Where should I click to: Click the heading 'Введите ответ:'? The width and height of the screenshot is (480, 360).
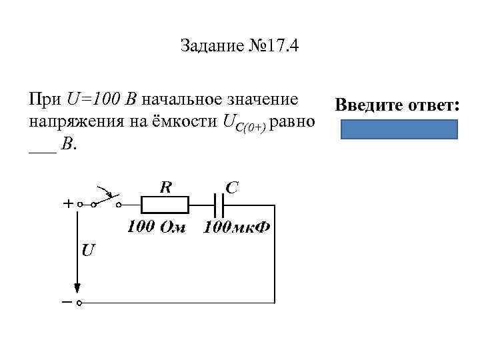click(x=398, y=105)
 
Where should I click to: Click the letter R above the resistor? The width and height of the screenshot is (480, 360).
click(x=165, y=187)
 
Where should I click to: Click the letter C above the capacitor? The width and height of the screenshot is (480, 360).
click(x=231, y=188)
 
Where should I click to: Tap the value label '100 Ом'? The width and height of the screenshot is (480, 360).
click(x=157, y=227)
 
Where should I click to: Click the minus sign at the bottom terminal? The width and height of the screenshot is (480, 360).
click(x=67, y=302)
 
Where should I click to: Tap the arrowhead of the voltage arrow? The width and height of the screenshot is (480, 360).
click(x=77, y=288)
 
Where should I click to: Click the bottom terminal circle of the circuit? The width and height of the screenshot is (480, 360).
click(x=78, y=303)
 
